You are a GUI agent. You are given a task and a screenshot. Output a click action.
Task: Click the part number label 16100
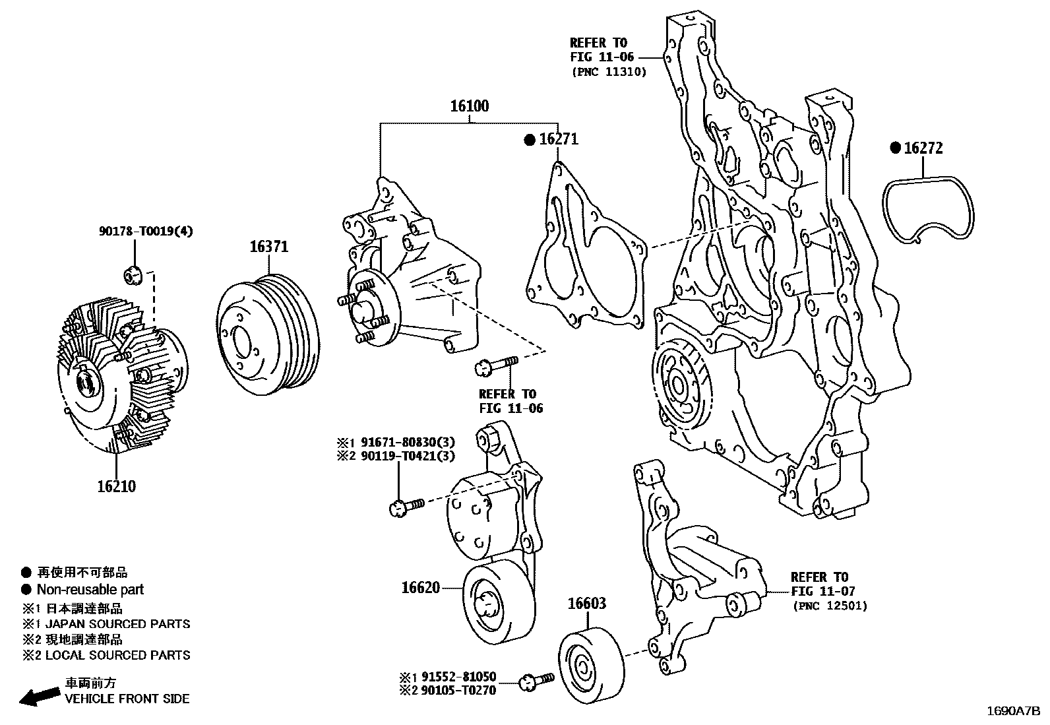(470, 106)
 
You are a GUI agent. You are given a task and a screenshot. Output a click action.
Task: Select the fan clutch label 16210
(116, 486)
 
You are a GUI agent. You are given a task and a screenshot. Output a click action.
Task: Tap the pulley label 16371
(268, 247)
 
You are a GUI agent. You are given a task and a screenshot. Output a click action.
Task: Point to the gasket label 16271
(558, 139)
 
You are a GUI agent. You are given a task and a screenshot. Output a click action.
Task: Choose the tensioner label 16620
(420, 586)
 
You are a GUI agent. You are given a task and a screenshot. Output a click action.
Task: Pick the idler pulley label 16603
(587, 603)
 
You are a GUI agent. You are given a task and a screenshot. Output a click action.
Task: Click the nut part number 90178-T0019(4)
(146, 232)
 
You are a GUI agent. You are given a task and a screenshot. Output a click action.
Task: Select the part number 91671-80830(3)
(404, 441)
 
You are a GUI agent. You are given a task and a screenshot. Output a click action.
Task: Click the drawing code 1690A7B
(1013, 711)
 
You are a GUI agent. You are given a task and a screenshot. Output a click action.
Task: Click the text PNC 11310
(608, 72)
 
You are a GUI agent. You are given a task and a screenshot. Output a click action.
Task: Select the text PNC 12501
(830, 606)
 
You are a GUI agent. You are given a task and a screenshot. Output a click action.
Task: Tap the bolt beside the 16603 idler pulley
(536, 681)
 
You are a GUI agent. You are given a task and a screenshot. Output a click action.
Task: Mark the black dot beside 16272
(895, 148)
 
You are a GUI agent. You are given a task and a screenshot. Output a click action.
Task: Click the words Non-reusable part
(90, 590)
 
